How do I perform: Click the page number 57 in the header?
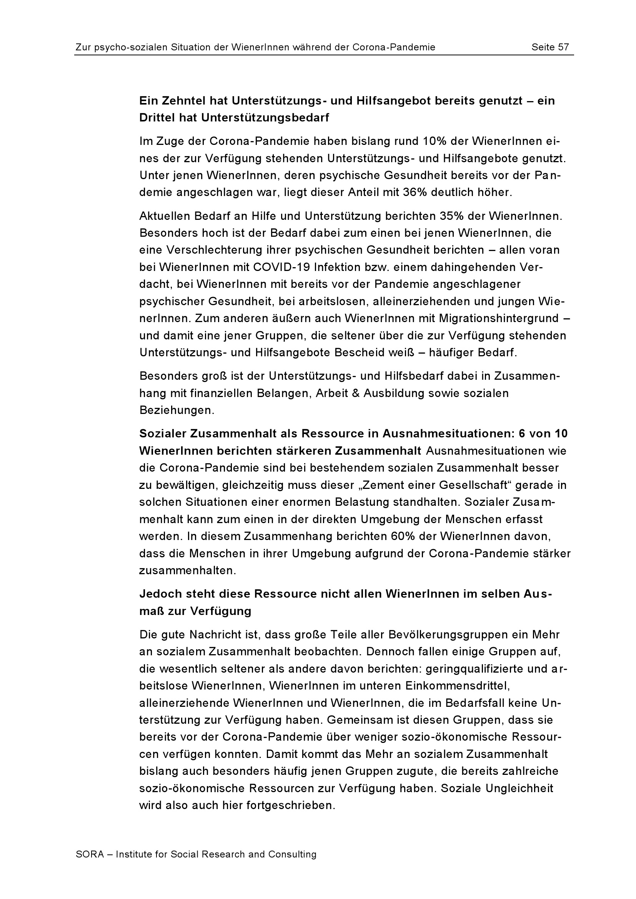(563, 47)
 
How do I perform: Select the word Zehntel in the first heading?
(183, 101)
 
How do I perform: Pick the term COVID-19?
(278, 268)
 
